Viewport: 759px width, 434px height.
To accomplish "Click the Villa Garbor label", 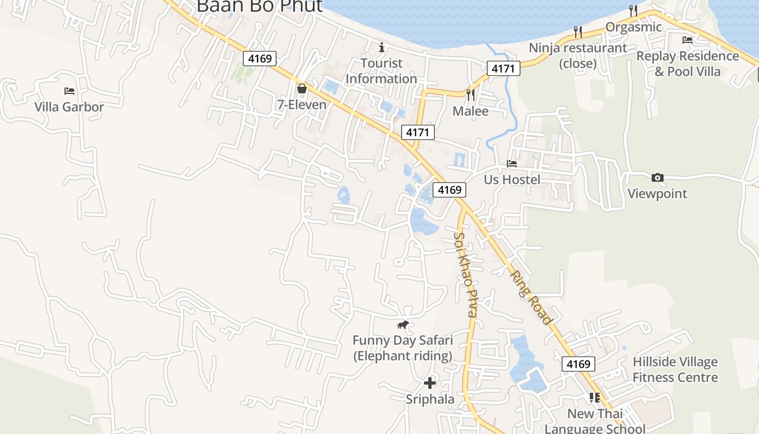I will (69, 107).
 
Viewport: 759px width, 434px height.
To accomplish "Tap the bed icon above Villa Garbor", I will (69, 91).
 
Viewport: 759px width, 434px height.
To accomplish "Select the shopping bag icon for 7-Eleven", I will (302, 88).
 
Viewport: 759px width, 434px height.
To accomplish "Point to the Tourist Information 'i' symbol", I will (382, 47).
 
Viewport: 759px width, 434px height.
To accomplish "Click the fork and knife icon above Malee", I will (470, 94).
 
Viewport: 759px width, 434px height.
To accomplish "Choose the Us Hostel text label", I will (512, 179).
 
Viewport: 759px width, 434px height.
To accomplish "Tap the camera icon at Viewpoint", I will (657, 177).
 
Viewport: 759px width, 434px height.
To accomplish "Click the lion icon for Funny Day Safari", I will (402, 325).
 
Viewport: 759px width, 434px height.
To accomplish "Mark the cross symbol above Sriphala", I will (430, 383).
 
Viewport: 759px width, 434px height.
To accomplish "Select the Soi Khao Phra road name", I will (466, 274).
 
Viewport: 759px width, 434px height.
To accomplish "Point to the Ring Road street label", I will (531, 297).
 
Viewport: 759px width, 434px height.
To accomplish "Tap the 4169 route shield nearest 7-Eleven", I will (260, 58).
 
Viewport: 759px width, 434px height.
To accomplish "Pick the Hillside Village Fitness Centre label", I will (675, 369).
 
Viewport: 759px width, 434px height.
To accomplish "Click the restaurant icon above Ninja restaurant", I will (578, 32).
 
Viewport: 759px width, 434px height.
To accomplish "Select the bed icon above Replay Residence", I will (687, 40).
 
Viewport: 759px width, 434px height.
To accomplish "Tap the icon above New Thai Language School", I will (595, 398).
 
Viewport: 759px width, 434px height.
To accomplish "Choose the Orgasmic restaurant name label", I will (633, 27).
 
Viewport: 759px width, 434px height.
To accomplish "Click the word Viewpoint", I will (657, 194).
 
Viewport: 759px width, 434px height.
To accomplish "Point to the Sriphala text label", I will (430, 399).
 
